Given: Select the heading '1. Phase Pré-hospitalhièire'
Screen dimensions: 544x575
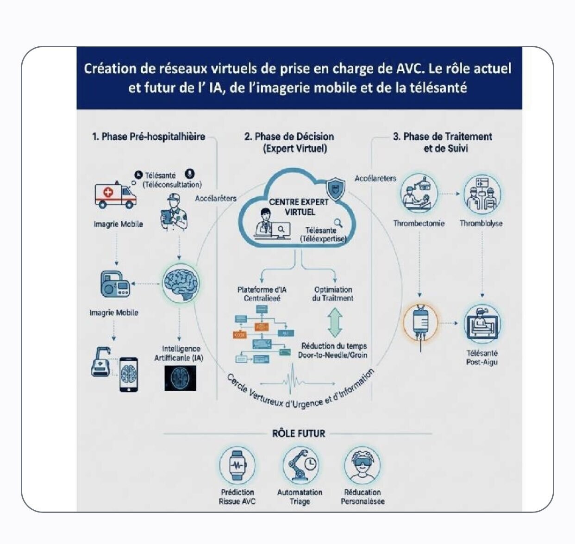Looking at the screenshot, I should tap(148, 137).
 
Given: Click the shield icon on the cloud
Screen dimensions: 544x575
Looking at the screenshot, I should tap(335, 189).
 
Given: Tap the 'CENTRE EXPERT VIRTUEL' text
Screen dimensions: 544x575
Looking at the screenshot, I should tap(299, 207).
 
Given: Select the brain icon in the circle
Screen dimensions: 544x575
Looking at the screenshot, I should tap(181, 282).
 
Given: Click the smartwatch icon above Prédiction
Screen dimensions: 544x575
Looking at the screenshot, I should tap(237, 465).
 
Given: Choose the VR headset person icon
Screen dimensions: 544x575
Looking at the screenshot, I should tap(362, 465).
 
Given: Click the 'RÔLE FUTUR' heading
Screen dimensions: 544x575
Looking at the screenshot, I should tap(299, 434).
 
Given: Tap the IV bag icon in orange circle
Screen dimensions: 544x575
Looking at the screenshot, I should tap(420, 322).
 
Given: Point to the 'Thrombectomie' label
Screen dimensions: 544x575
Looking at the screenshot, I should tap(419, 223).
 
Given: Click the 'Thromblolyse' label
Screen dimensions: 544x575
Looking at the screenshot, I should tap(481, 223).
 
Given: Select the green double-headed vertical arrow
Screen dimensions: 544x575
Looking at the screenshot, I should tap(334, 323).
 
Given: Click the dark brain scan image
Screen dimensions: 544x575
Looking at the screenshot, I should tap(180, 377).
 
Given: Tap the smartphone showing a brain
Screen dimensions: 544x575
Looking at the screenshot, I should tap(129, 375).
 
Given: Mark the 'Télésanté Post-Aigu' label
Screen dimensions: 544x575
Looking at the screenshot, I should tap(481, 357).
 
